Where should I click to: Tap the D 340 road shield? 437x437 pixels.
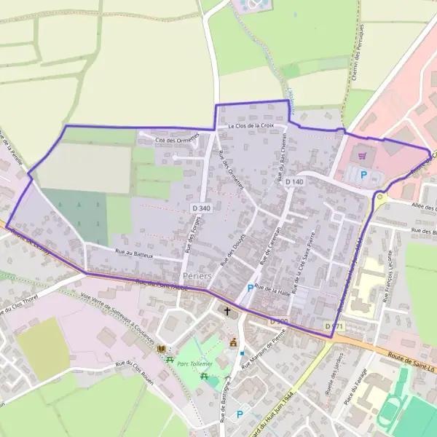click(x=202, y=209)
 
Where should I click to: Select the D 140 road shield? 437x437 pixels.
click(x=294, y=181)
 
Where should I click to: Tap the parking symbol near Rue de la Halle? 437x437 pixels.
click(x=251, y=288)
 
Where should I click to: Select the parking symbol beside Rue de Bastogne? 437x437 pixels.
click(x=240, y=414)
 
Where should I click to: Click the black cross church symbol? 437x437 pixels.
click(x=227, y=312)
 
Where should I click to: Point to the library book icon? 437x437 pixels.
click(x=161, y=350)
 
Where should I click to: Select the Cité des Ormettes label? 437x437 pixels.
click(x=178, y=139)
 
